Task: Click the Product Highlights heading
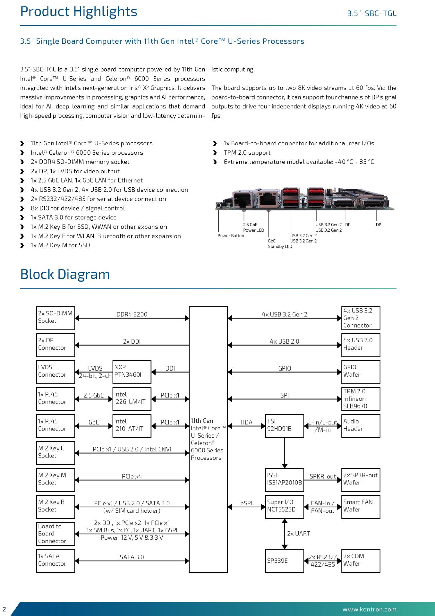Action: [79, 12]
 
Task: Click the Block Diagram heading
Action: [65, 275]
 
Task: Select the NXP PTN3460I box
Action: [132, 372]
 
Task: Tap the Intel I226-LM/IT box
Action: [132, 399]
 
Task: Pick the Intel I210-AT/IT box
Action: [132, 426]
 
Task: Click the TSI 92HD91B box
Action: [284, 426]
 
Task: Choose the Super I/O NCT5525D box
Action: [284, 507]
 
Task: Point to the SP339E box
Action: [284, 560]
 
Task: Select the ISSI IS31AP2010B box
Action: [284, 480]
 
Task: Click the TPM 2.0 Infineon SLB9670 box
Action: [361, 399]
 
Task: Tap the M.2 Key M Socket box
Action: [55, 480]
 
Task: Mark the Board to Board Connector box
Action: [55, 534]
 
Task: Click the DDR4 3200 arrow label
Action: [132, 314]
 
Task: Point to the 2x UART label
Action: [298, 534]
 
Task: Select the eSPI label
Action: [246, 503]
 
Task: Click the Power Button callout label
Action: [231, 236]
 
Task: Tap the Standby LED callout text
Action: [280, 246]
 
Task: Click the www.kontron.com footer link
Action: [369, 609]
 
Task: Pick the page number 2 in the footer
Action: [4, 609]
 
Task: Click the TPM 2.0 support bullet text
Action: [247, 153]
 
